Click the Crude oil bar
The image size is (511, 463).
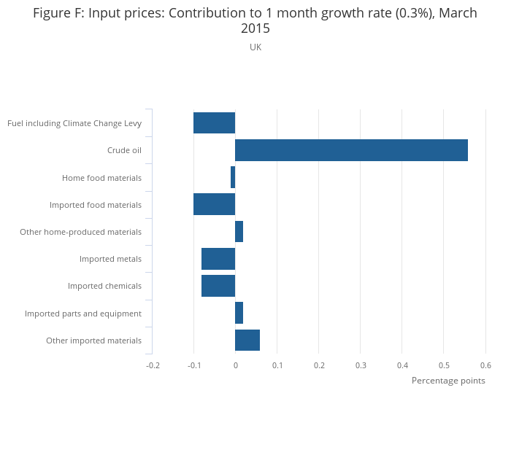(351, 150)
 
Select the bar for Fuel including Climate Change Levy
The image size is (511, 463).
(214, 123)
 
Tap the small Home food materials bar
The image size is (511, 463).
(233, 177)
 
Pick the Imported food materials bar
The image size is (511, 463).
(214, 205)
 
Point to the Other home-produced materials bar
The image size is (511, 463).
(239, 232)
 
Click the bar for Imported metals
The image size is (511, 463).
(218, 259)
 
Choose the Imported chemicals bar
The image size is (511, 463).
(218, 286)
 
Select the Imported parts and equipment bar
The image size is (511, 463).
(239, 314)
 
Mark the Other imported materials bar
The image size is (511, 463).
(247, 341)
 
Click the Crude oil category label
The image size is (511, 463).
(124, 151)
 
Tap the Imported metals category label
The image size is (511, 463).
(110, 259)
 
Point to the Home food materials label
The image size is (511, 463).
(101, 178)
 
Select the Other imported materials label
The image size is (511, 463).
(93, 341)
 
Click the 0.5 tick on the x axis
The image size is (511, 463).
(444, 365)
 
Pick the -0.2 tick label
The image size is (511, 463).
(152, 365)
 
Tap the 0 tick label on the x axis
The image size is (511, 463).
(235, 365)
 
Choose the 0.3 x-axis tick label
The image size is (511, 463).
(361, 365)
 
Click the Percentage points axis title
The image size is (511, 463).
(448, 381)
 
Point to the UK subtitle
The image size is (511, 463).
(255, 47)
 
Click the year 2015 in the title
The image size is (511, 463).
(255, 29)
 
